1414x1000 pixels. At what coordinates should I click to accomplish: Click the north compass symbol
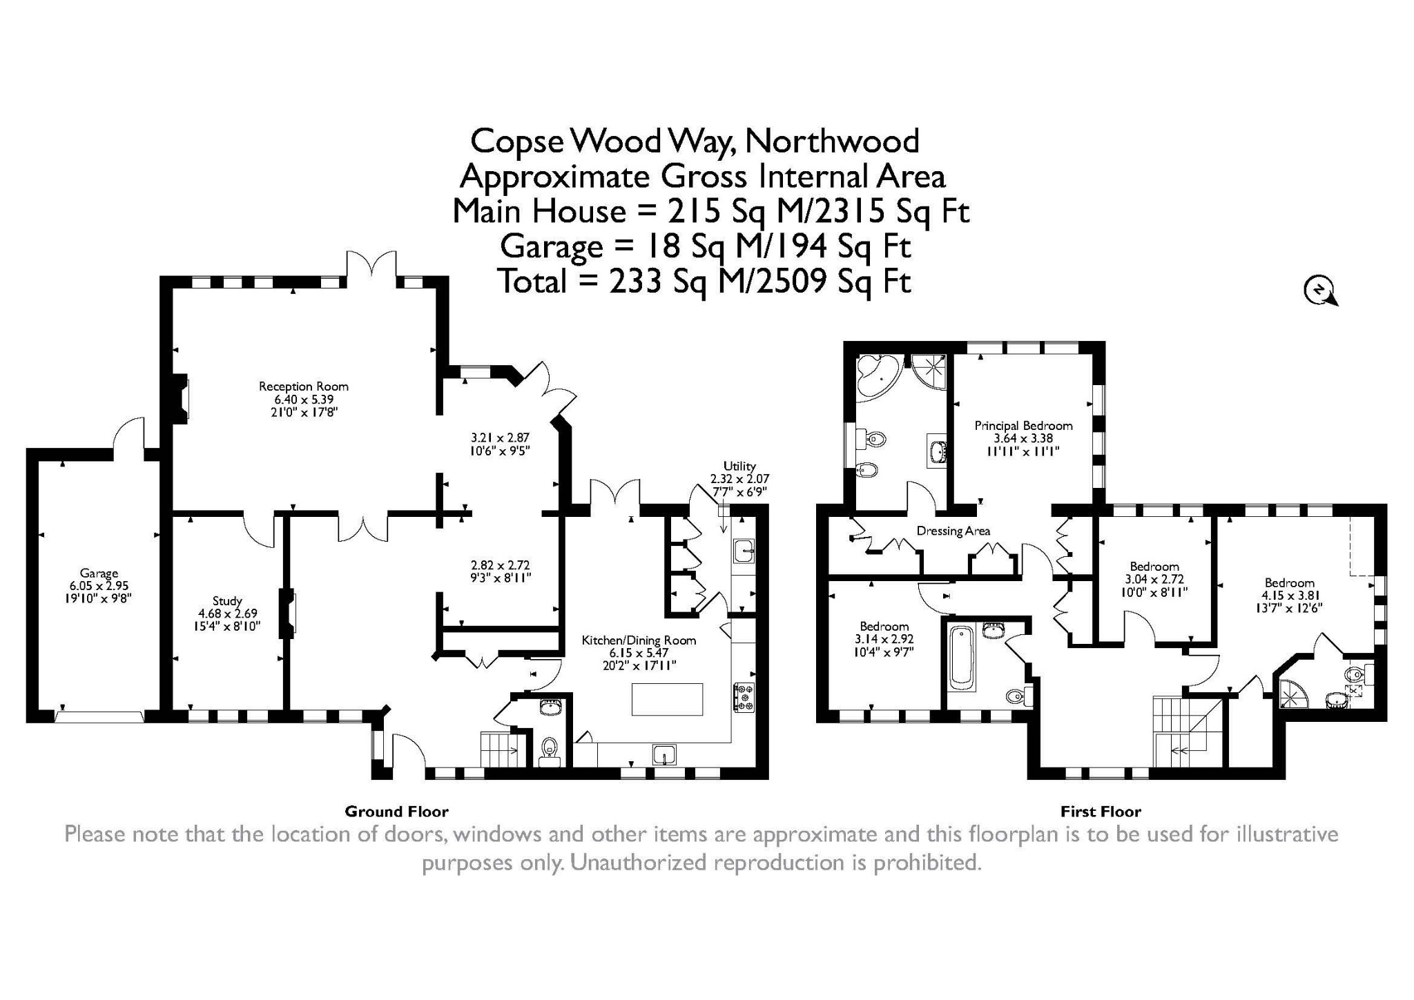click(1319, 290)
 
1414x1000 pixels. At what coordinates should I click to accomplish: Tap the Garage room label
click(99, 573)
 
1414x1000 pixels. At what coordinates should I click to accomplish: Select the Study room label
click(227, 601)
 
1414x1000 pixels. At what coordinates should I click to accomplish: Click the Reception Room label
click(304, 386)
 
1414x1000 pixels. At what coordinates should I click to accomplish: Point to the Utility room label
click(739, 466)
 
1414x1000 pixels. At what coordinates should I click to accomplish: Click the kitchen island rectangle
click(667, 699)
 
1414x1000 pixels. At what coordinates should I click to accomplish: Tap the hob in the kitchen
click(744, 697)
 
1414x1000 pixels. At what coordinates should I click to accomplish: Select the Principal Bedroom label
click(1023, 426)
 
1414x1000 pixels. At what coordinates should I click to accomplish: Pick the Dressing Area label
click(953, 531)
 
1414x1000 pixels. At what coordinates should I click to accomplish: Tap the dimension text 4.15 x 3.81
click(1289, 596)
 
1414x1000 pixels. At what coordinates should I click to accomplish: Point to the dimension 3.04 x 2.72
click(1154, 580)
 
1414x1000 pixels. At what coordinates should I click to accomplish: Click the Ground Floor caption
click(396, 812)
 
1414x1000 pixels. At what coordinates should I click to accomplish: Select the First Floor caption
click(1101, 812)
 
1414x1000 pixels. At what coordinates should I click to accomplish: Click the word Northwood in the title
click(832, 141)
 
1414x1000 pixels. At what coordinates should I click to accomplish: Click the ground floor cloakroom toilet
click(550, 747)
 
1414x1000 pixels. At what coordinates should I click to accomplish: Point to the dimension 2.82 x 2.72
click(500, 565)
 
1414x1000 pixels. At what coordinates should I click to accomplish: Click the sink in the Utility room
click(744, 551)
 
